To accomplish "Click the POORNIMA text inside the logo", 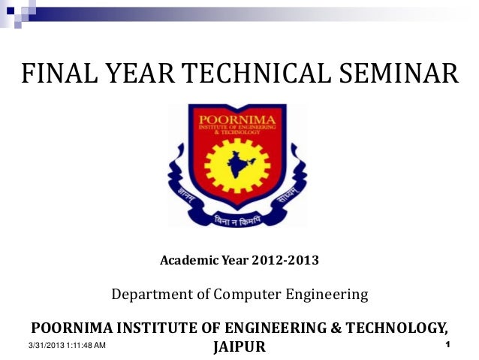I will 236,119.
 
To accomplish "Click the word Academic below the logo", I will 188,262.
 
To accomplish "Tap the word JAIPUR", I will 239,348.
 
